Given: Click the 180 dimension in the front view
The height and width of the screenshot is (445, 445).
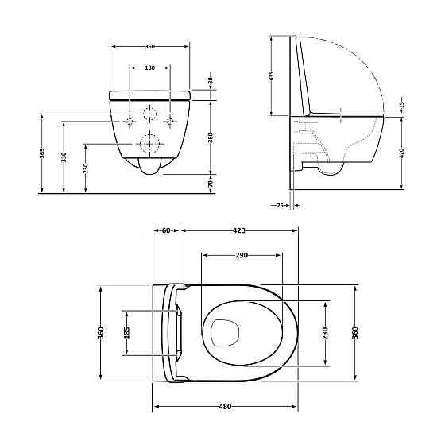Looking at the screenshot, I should [x=149, y=68].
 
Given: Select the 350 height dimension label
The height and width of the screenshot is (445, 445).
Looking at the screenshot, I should [x=211, y=137].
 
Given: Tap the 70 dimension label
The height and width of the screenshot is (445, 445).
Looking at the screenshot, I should [x=211, y=183].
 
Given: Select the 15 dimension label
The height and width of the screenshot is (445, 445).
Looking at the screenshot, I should [x=401, y=105].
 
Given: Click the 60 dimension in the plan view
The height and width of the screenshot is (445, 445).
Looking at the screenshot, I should [x=166, y=230].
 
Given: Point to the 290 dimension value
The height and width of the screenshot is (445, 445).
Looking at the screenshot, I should [x=242, y=256].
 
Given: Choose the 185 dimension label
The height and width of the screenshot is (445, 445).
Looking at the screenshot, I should [x=126, y=332].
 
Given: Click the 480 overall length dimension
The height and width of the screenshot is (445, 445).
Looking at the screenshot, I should [x=225, y=407].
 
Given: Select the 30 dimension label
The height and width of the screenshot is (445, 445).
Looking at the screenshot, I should [x=211, y=81].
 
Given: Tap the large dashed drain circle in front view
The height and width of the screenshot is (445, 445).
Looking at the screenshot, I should [x=149, y=144].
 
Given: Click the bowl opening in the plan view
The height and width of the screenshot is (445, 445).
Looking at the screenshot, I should [x=227, y=332].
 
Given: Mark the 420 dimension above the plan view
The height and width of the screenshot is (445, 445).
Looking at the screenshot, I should [x=238, y=230].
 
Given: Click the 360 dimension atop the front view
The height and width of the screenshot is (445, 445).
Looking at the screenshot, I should [x=149, y=47].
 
